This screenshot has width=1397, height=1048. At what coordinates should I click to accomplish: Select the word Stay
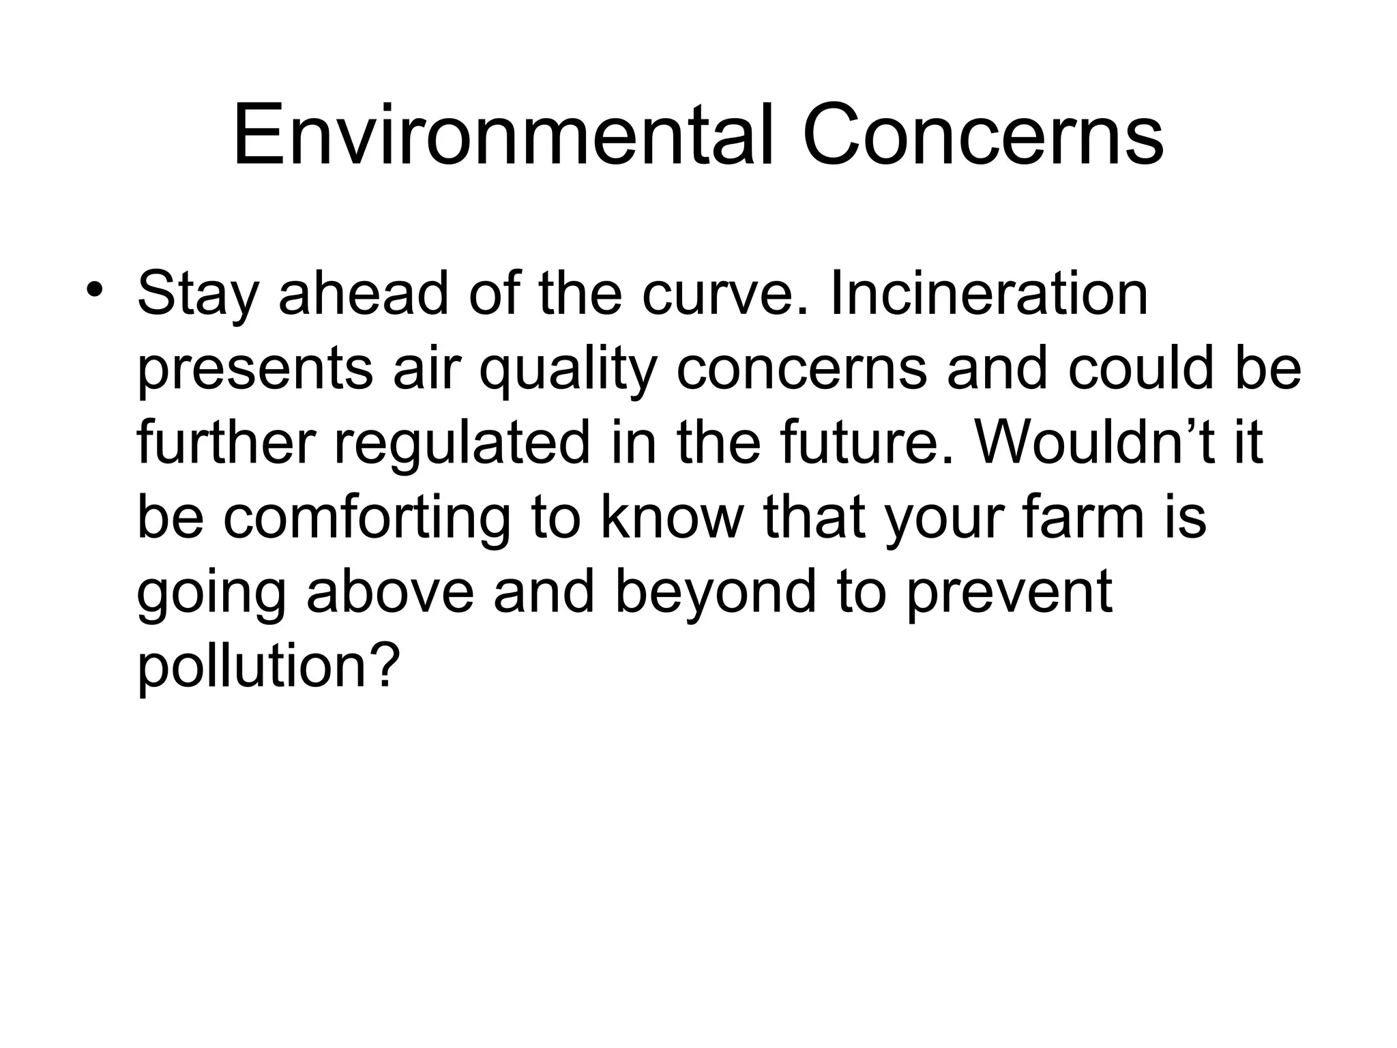[x=198, y=295]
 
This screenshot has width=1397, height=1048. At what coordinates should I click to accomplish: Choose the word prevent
[x=1010, y=592]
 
